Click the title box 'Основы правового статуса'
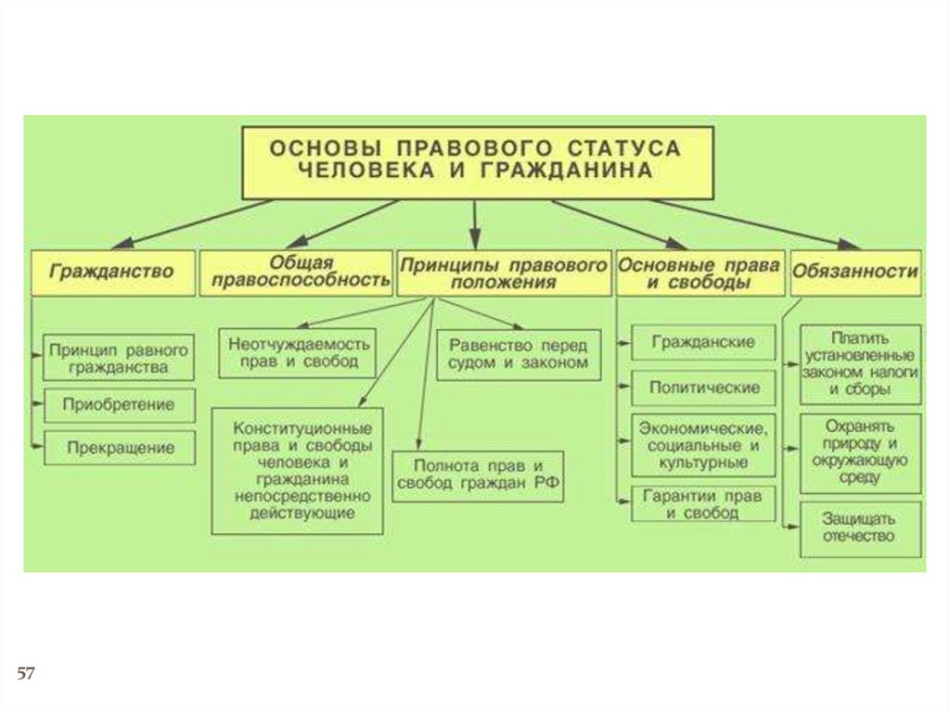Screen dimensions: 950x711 (477, 161)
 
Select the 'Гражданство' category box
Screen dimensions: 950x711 (112, 273)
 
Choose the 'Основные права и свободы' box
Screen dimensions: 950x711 (700, 273)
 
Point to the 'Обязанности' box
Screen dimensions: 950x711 (855, 273)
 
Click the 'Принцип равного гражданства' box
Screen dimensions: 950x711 (120, 358)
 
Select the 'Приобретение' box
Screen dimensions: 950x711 (120, 405)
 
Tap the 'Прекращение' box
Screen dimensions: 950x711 (120, 448)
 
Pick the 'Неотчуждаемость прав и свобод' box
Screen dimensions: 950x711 (298, 352)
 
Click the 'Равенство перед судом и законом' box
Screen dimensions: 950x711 (518, 353)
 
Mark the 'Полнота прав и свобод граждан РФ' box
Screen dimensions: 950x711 (479, 476)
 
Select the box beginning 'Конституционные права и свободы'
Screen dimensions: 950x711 (298, 471)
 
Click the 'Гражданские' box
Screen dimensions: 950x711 (702, 341)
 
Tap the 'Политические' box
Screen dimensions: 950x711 (702, 387)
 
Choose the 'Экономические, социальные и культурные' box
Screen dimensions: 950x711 (702, 444)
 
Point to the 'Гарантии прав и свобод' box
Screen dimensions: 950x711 (702, 503)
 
